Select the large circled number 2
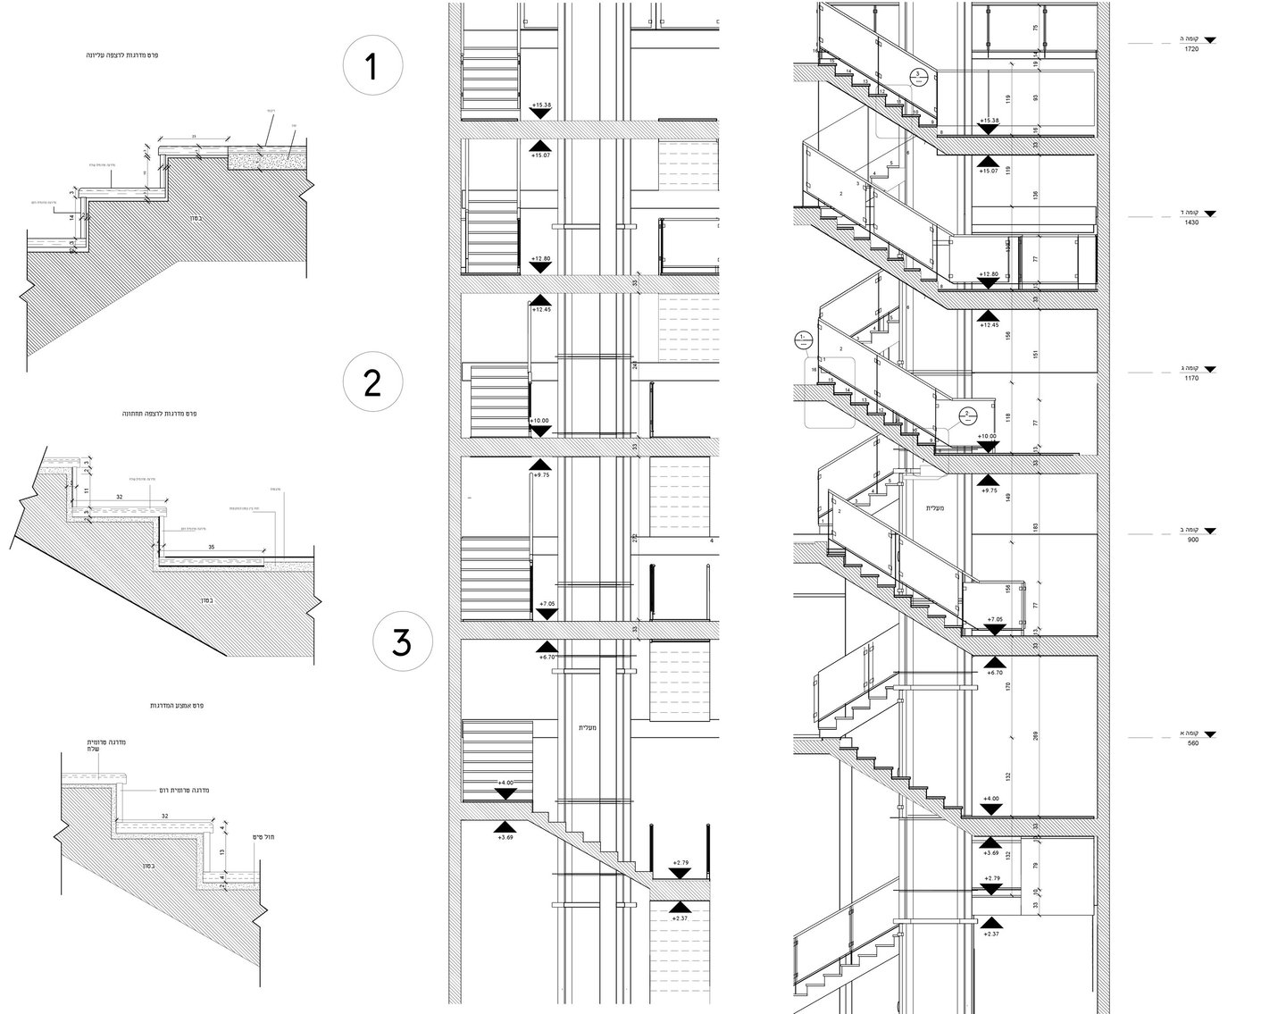[x=373, y=383]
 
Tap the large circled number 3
[x=402, y=642]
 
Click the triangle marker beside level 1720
[x=1210, y=41]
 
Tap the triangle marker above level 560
[x=1210, y=733]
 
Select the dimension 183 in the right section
[x=1034, y=529]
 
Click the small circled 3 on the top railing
[x=917, y=75]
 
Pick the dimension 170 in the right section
[x=1007, y=687]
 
